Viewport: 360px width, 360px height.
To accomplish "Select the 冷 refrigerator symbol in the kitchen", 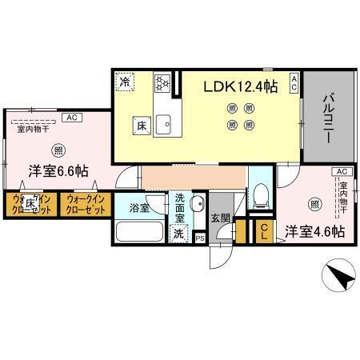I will tap(125, 82).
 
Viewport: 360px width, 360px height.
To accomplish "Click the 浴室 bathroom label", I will tap(139, 208).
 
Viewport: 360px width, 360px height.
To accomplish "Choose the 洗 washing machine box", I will tap(178, 234).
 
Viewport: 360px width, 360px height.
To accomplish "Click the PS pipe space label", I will tap(200, 238).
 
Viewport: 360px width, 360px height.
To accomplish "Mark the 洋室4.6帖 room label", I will tap(315, 231).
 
